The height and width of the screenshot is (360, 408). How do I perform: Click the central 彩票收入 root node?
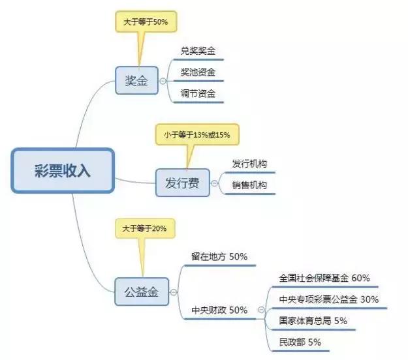click(x=63, y=171)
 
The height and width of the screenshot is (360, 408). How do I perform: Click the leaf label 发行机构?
click(x=249, y=163)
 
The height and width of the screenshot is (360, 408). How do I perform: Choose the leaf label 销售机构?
click(x=249, y=185)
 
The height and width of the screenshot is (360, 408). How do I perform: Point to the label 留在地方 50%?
click(x=219, y=257)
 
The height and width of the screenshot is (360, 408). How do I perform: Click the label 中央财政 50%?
click(x=219, y=310)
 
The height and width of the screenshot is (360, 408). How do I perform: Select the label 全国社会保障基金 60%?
click(x=324, y=278)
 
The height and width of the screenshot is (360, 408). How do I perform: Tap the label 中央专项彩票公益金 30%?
click(x=328, y=299)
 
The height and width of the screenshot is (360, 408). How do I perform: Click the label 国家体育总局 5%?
click(x=313, y=321)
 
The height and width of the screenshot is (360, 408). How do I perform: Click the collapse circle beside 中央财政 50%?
click(x=261, y=310)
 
